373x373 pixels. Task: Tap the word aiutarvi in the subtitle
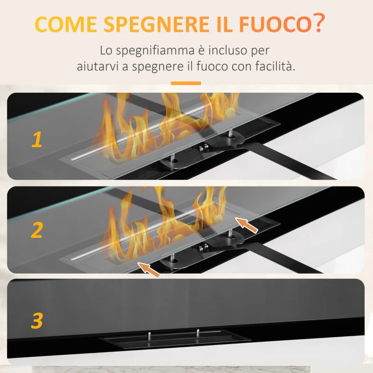click(97, 66)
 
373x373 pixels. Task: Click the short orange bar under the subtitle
click(186, 83)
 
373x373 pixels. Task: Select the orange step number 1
click(36, 139)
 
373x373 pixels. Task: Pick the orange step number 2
click(37, 230)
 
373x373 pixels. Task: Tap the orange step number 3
click(37, 321)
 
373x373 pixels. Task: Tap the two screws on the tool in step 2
click(202, 248)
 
